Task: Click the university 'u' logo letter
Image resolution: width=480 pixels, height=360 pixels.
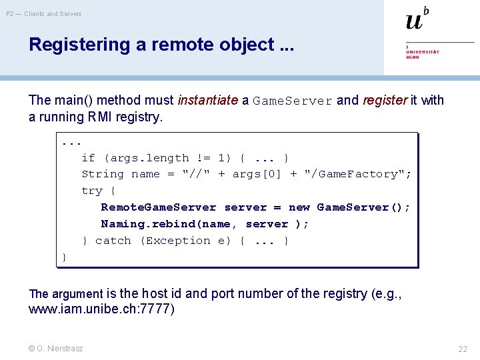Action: (414, 21)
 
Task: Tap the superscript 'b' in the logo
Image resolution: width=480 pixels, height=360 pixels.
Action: (427, 10)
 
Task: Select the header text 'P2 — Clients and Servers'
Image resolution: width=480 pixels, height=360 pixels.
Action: (44, 13)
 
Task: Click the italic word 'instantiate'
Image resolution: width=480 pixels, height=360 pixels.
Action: (207, 101)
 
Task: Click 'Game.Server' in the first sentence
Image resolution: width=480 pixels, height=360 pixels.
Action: (292, 101)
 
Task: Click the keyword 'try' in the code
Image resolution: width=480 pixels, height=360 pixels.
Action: (91, 191)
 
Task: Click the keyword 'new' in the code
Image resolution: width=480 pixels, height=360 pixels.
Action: (299, 207)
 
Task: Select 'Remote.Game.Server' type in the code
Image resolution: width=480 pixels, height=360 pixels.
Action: (159, 207)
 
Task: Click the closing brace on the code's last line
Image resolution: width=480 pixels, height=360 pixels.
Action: (64, 257)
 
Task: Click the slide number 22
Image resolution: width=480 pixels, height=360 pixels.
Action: (462, 349)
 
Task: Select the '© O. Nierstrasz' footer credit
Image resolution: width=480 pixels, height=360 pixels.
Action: (56, 349)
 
